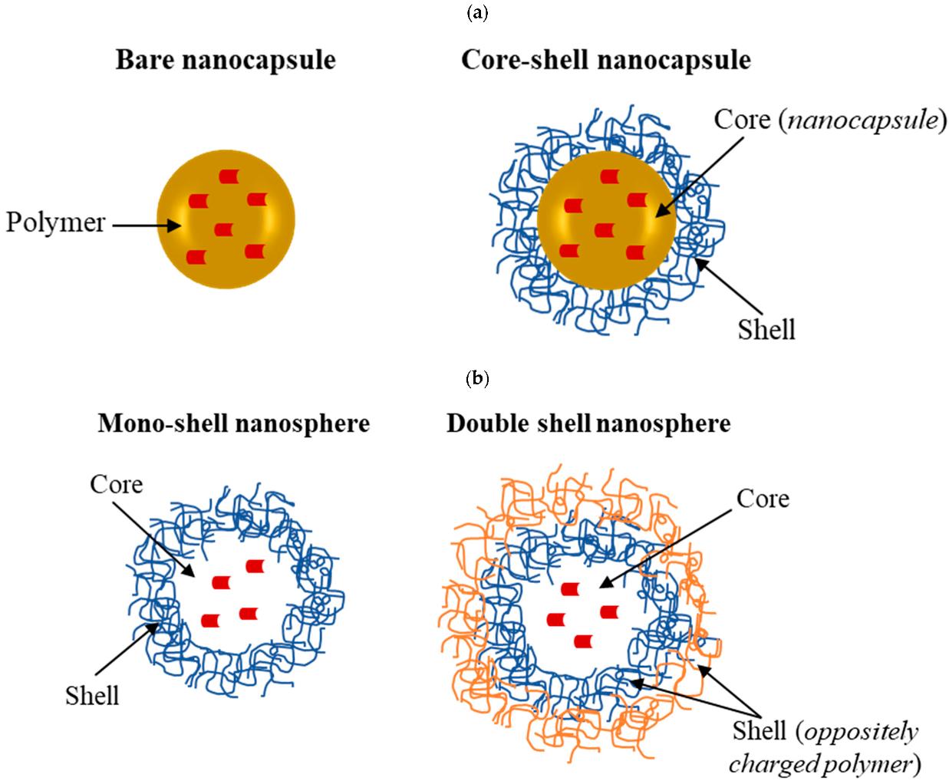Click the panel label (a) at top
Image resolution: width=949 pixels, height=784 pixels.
coord(476,12)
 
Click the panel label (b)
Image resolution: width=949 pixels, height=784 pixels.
coord(476,378)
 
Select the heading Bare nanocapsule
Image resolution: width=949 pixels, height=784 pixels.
coord(226,60)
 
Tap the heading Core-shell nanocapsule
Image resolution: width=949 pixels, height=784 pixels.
coord(605,60)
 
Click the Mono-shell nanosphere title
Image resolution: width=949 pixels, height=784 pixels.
coord(233,423)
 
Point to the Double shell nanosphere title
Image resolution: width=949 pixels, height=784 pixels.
coord(588,423)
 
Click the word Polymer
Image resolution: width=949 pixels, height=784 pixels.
coord(55,222)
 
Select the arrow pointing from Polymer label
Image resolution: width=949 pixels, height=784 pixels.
coord(146,226)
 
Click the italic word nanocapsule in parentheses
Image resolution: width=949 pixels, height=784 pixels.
coord(863,120)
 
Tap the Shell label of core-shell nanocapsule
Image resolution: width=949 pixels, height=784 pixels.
coord(766,330)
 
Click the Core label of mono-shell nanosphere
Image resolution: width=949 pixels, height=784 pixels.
coord(116,485)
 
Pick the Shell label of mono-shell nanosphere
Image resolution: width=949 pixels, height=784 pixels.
coord(91,696)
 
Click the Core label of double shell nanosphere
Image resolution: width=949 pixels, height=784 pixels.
coord(763,499)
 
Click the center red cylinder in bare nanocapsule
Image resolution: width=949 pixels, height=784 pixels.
coord(223,229)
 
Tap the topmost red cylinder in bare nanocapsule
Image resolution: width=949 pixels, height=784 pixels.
coord(229,176)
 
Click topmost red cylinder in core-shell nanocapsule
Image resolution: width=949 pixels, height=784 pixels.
coord(610,176)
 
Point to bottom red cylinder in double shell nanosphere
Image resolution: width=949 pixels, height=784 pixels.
coord(583,641)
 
